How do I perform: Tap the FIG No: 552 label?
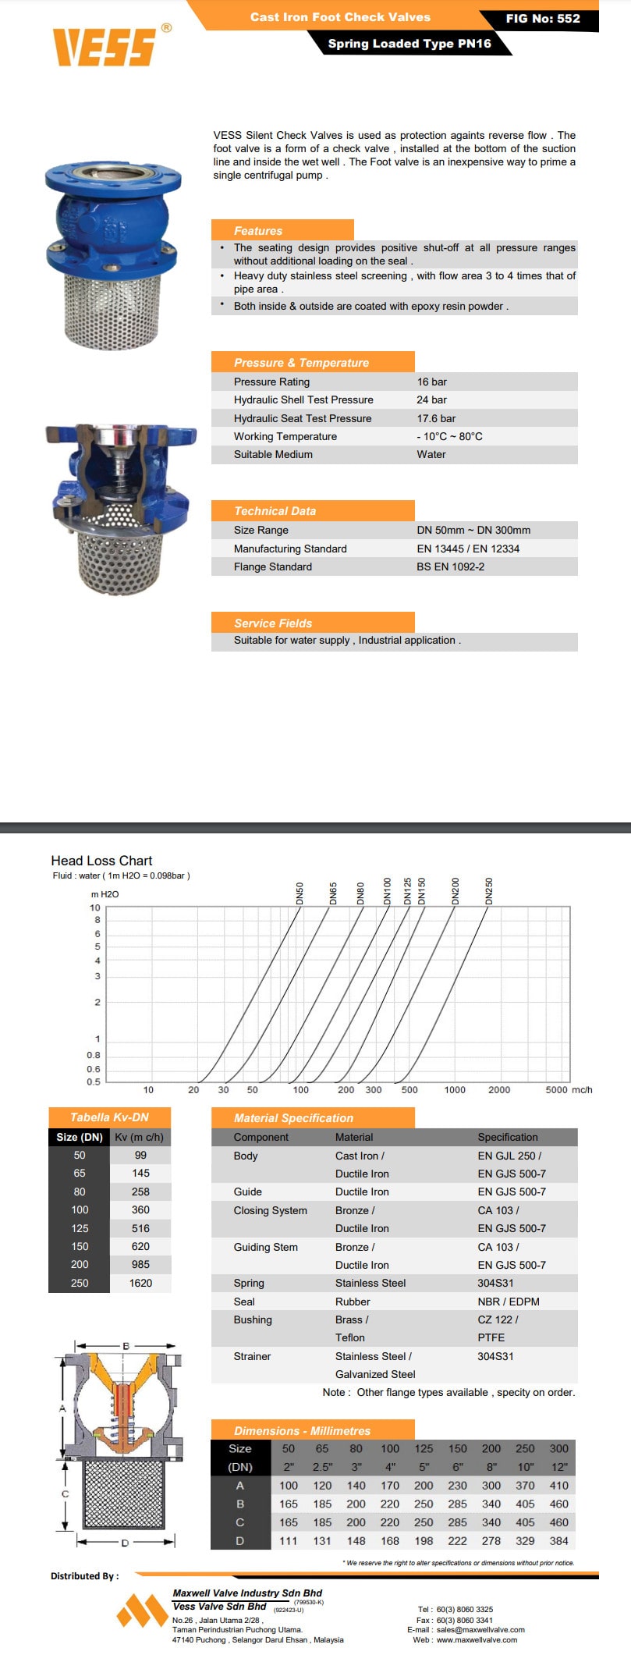coord(542,19)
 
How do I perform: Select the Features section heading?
coord(258,231)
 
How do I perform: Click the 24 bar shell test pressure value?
coord(431,400)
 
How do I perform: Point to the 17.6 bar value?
coord(436,418)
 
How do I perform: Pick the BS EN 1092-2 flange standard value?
coord(450,566)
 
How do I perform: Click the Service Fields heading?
coord(273,623)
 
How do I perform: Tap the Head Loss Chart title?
coord(101,861)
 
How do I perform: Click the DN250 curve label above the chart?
coord(489,891)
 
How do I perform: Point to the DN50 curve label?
coord(300,893)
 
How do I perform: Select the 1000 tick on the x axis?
coord(455,1090)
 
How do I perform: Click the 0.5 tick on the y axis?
coord(94,1081)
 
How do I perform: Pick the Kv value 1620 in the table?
coord(140,1283)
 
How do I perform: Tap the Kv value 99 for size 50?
coord(140,1155)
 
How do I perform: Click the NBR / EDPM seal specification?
coord(509,1302)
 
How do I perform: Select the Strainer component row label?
coord(252,1356)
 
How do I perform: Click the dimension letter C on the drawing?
coord(66,1493)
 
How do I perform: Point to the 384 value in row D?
coord(558,1541)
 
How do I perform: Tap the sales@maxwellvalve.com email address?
coord(480,1629)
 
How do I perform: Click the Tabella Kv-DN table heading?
coord(109,1117)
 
